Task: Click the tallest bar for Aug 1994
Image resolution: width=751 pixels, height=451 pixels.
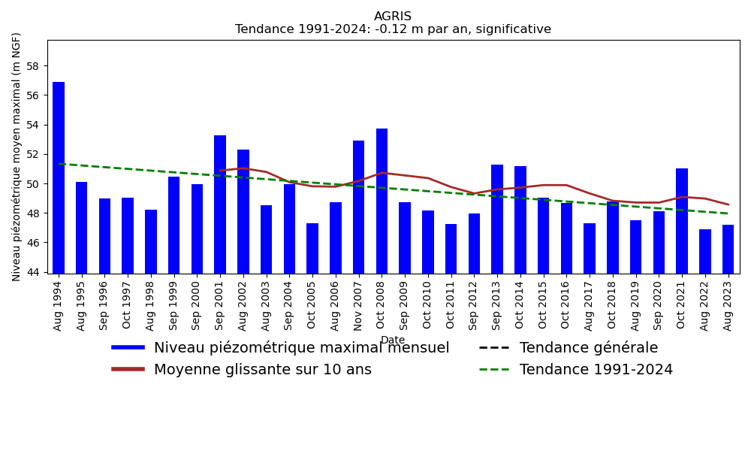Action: pos(59,177)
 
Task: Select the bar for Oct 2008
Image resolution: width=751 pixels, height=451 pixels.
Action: pos(382,201)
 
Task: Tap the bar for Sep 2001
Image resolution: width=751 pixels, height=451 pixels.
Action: pos(220,204)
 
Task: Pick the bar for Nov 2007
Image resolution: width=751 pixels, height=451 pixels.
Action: pos(359,207)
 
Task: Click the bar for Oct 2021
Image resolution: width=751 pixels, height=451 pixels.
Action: pos(682,221)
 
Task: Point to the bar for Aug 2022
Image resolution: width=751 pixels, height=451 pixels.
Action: pos(705,251)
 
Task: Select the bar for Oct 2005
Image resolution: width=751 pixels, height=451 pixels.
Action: pos(312,248)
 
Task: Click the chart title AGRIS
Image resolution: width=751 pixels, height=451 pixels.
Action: pos(393,17)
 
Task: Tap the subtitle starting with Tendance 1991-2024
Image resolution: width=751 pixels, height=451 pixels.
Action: pos(393,29)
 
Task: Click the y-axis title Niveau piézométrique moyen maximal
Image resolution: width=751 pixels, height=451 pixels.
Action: pos(17,156)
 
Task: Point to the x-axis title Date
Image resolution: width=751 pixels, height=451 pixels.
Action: pos(393,340)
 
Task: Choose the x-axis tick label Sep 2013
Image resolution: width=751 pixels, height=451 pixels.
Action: pos(497,304)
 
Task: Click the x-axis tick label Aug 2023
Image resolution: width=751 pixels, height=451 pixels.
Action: pos(728,304)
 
